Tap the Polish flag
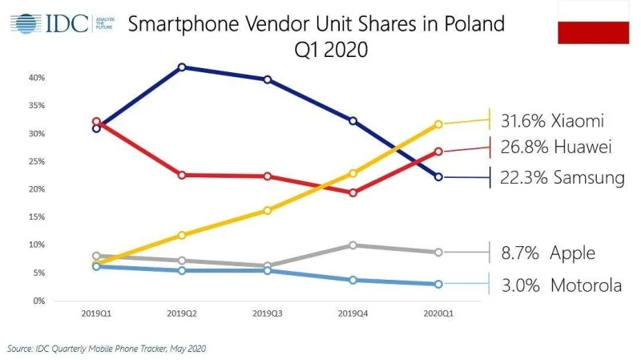pyautogui.click(x=592, y=22)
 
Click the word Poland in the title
pyautogui.click(x=465, y=24)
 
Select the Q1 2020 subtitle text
pyautogui.click(x=330, y=50)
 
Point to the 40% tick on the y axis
pyautogui.click(x=35, y=78)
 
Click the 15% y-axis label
pyautogui.click(x=35, y=216)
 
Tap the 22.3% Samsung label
pyautogui.click(x=561, y=177)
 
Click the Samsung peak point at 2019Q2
pyautogui.click(x=183, y=67)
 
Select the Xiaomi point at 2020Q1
pyautogui.click(x=437, y=124)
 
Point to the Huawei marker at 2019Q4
pyautogui.click(x=353, y=192)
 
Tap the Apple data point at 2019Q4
pyautogui.click(x=353, y=245)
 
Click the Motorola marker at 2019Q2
pyautogui.click(x=183, y=270)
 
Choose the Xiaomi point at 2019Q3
pyautogui.click(x=267, y=210)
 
